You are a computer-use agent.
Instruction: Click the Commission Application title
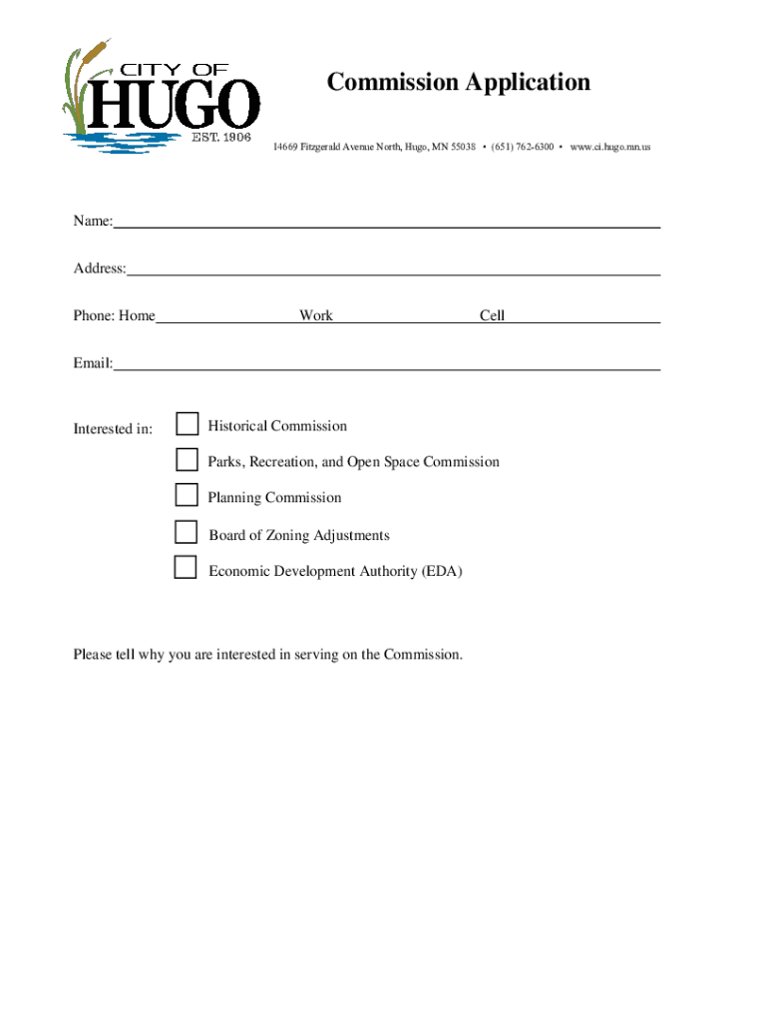[x=459, y=82]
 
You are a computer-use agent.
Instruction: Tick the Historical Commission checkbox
[x=188, y=424]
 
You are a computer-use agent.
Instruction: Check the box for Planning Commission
[x=187, y=495]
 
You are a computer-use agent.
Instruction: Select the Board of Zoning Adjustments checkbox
[x=187, y=532]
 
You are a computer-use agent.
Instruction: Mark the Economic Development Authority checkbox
[x=186, y=568]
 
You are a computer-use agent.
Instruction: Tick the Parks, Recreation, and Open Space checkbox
[x=187, y=459]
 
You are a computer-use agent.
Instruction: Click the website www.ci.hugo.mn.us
[x=610, y=148]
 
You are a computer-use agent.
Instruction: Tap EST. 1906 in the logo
[x=220, y=137]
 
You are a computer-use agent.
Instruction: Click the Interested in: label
[x=113, y=429]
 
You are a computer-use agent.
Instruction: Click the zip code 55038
[x=459, y=148]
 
